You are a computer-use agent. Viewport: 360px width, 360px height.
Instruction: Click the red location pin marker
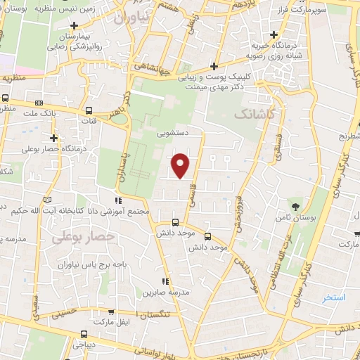tap(181, 166)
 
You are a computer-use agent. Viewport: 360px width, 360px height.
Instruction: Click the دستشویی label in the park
tap(172, 131)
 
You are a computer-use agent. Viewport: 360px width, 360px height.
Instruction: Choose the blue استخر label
tap(334, 297)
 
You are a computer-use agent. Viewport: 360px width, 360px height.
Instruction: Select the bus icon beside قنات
tap(89, 110)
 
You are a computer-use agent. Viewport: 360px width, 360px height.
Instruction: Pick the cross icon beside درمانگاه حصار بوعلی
tap(53, 138)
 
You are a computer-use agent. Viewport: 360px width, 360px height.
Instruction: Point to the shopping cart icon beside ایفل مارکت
tap(110, 311)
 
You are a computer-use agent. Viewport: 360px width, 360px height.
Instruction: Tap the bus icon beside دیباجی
tap(84, 334)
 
